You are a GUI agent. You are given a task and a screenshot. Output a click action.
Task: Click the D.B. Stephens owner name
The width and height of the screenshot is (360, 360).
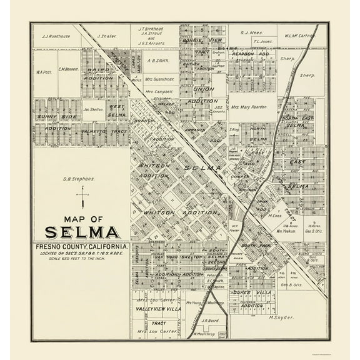point(79,179)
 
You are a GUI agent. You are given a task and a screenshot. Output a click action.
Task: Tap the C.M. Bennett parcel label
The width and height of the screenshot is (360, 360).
point(67,69)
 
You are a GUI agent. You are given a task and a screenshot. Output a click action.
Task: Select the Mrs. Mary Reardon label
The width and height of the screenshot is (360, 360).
point(249,107)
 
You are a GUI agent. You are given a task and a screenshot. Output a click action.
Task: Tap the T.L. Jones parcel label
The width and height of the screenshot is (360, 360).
point(262,42)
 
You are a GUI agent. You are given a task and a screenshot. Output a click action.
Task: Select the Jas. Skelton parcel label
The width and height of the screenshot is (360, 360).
point(92,108)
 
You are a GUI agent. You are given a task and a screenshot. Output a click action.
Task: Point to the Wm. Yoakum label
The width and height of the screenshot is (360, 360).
point(286,231)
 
